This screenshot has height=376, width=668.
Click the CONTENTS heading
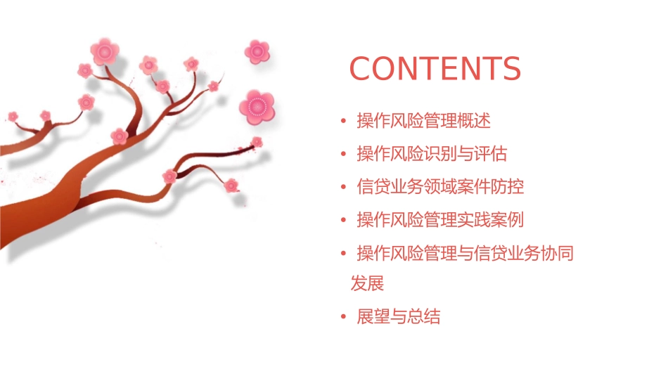[x=435, y=69]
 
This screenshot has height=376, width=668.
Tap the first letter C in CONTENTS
[x=361, y=69]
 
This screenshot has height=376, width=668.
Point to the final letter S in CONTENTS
[x=510, y=69]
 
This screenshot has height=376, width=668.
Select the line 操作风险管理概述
[x=423, y=121]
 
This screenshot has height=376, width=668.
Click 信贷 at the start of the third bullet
[x=373, y=187]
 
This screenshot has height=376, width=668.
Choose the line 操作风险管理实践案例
[x=440, y=220]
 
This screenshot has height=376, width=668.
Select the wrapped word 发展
[x=367, y=284]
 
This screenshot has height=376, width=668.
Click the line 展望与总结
[x=398, y=317]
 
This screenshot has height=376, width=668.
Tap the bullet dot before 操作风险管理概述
[x=342, y=122]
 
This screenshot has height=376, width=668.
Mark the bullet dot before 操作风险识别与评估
[x=342, y=155]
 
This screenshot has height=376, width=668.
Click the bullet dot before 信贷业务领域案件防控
[x=342, y=188]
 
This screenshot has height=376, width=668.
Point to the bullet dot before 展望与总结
[x=342, y=318]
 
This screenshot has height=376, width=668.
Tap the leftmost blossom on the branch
[x=13, y=116]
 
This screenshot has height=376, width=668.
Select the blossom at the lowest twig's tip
[x=231, y=186]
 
